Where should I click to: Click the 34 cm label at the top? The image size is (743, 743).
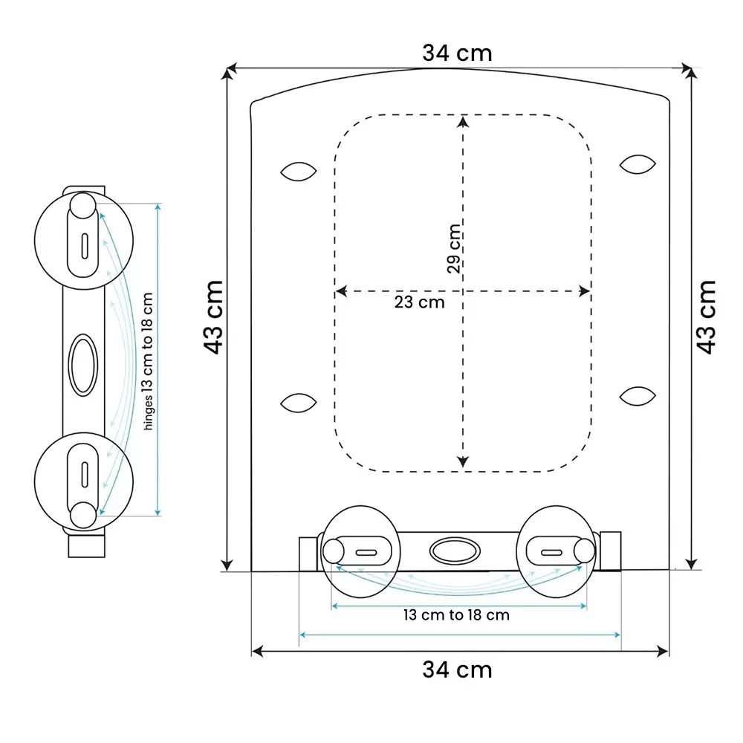457,53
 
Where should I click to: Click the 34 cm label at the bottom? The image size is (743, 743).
457,669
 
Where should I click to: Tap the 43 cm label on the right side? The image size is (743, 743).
707,317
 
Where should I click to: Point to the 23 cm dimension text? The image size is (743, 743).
419,302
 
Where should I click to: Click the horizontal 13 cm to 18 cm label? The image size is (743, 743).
456,615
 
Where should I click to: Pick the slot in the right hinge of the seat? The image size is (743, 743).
551,552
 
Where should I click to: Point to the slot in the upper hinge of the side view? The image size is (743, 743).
85,244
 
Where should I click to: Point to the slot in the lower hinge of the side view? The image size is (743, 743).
85,473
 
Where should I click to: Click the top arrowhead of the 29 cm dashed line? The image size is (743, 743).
463,121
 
